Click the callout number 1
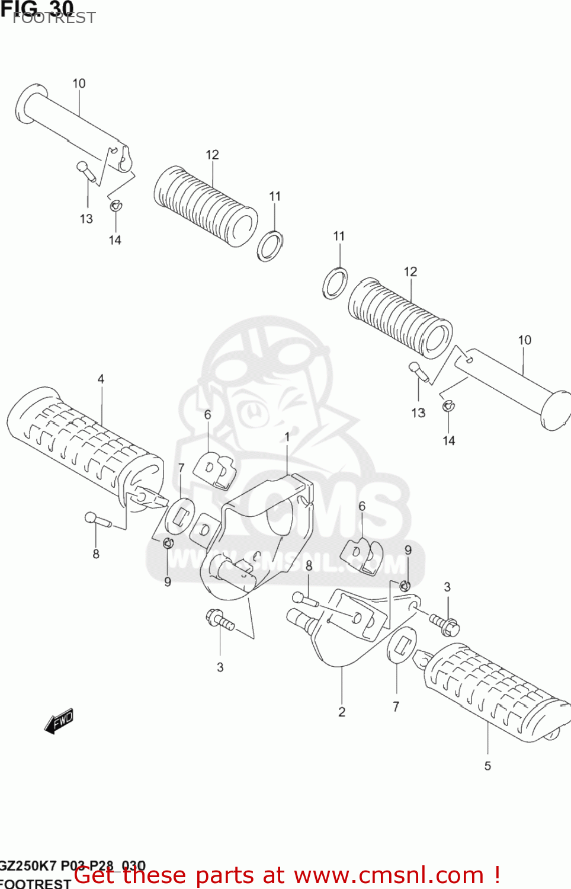click(287, 437)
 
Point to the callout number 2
click(342, 712)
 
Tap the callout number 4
click(101, 379)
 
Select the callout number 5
click(487, 766)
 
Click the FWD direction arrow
click(59, 721)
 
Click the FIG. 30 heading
click(37, 8)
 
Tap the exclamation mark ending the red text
click(496, 875)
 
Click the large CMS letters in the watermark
click(332, 510)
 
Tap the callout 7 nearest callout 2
click(396, 706)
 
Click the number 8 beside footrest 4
click(96, 554)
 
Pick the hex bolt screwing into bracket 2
click(444, 622)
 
